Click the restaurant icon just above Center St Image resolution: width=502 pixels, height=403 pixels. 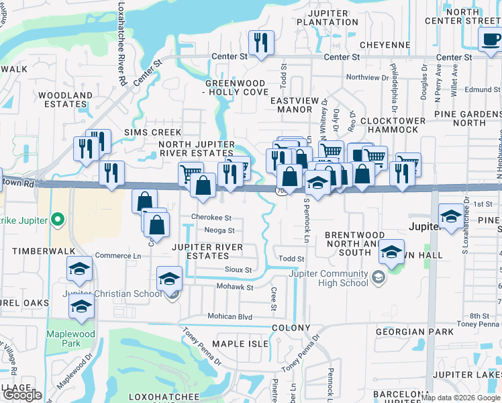[258, 42]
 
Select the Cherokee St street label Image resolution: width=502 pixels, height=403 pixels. [211, 218]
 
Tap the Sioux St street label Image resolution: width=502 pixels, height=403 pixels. [238, 270]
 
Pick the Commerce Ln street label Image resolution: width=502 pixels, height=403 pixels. [118, 256]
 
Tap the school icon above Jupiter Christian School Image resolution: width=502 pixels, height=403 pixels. [169, 278]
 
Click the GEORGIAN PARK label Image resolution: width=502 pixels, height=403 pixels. [409, 332]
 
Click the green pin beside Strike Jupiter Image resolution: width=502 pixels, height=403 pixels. [58, 219]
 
